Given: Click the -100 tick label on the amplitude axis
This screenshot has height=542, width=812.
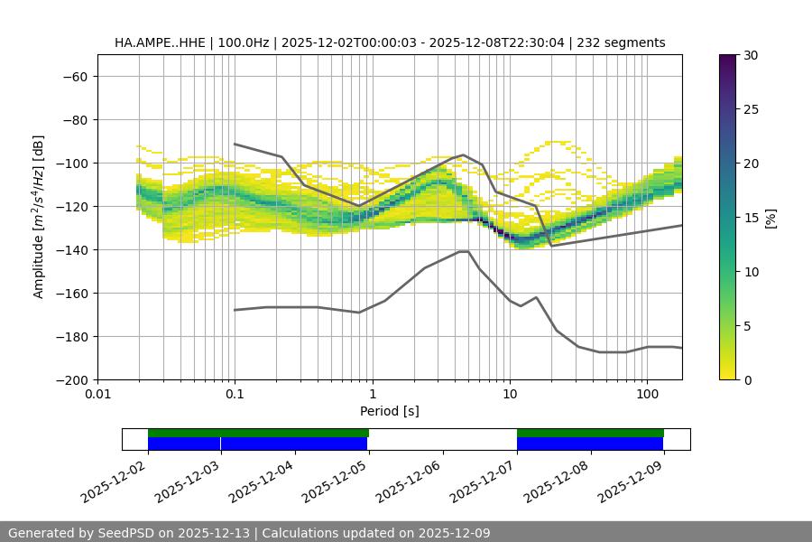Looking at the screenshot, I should pyautogui.click(x=73, y=164).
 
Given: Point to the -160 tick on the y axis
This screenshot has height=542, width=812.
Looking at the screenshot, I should pyautogui.click(x=73, y=294).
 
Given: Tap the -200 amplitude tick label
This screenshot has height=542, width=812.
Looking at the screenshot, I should pyautogui.click(x=73, y=380).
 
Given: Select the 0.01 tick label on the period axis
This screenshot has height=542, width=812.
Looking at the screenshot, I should pyautogui.click(x=97, y=395).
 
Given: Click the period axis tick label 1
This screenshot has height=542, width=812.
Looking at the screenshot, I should pyautogui.click(x=372, y=395).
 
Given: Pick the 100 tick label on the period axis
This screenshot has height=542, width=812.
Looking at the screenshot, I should pyautogui.click(x=646, y=395).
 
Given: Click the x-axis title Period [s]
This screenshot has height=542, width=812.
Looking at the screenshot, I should pyautogui.click(x=390, y=411).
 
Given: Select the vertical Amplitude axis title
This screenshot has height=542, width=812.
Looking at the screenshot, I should pyautogui.click(x=39, y=217).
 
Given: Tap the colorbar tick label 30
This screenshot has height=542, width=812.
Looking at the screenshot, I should pyautogui.click(x=749, y=55).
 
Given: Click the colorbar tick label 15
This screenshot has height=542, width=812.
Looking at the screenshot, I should pyautogui.click(x=749, y=218).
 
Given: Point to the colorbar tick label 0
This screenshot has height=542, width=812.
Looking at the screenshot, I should pyautogui.click(x=745, y=380).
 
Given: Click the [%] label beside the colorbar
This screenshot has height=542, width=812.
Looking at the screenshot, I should pyautogui.click(x=770, y=218).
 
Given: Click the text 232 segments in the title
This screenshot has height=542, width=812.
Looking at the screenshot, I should pyautogui.click(x=624, y=42).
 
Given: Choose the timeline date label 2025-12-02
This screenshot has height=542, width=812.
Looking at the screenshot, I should pyautogui.click(x=113, y=480).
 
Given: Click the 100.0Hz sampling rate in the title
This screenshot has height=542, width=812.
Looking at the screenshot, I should pyautogui.click(x=244, y=42).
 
